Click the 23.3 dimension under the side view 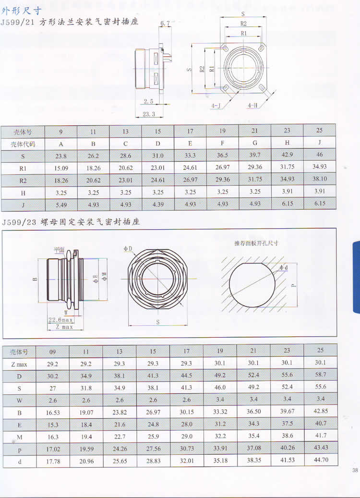point(149,114)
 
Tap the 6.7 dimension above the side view point(165,23)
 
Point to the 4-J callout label point(216,106)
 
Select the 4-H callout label point(252,105)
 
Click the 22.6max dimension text point(60,320)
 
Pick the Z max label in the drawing point(64,327)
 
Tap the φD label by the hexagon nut point(128,249)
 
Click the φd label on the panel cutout point(284,267)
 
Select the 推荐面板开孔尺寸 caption point(256,243)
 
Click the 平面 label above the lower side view point(59,250)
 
